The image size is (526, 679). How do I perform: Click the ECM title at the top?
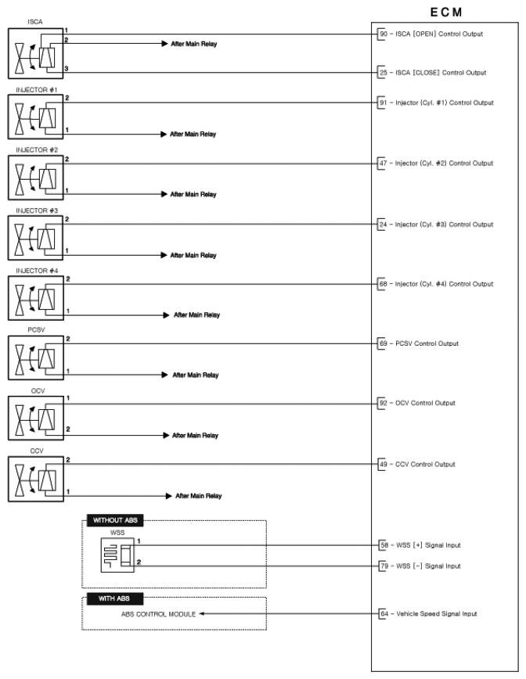[x=446, y=13]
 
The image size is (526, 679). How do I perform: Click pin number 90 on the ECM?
[x=384, y=34]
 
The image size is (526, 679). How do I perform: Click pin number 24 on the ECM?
[x=384, y=225]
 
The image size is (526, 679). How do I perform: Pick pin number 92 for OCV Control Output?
[x=384, y=404]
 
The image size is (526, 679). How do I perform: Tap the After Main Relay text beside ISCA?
[x=193, y=44]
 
